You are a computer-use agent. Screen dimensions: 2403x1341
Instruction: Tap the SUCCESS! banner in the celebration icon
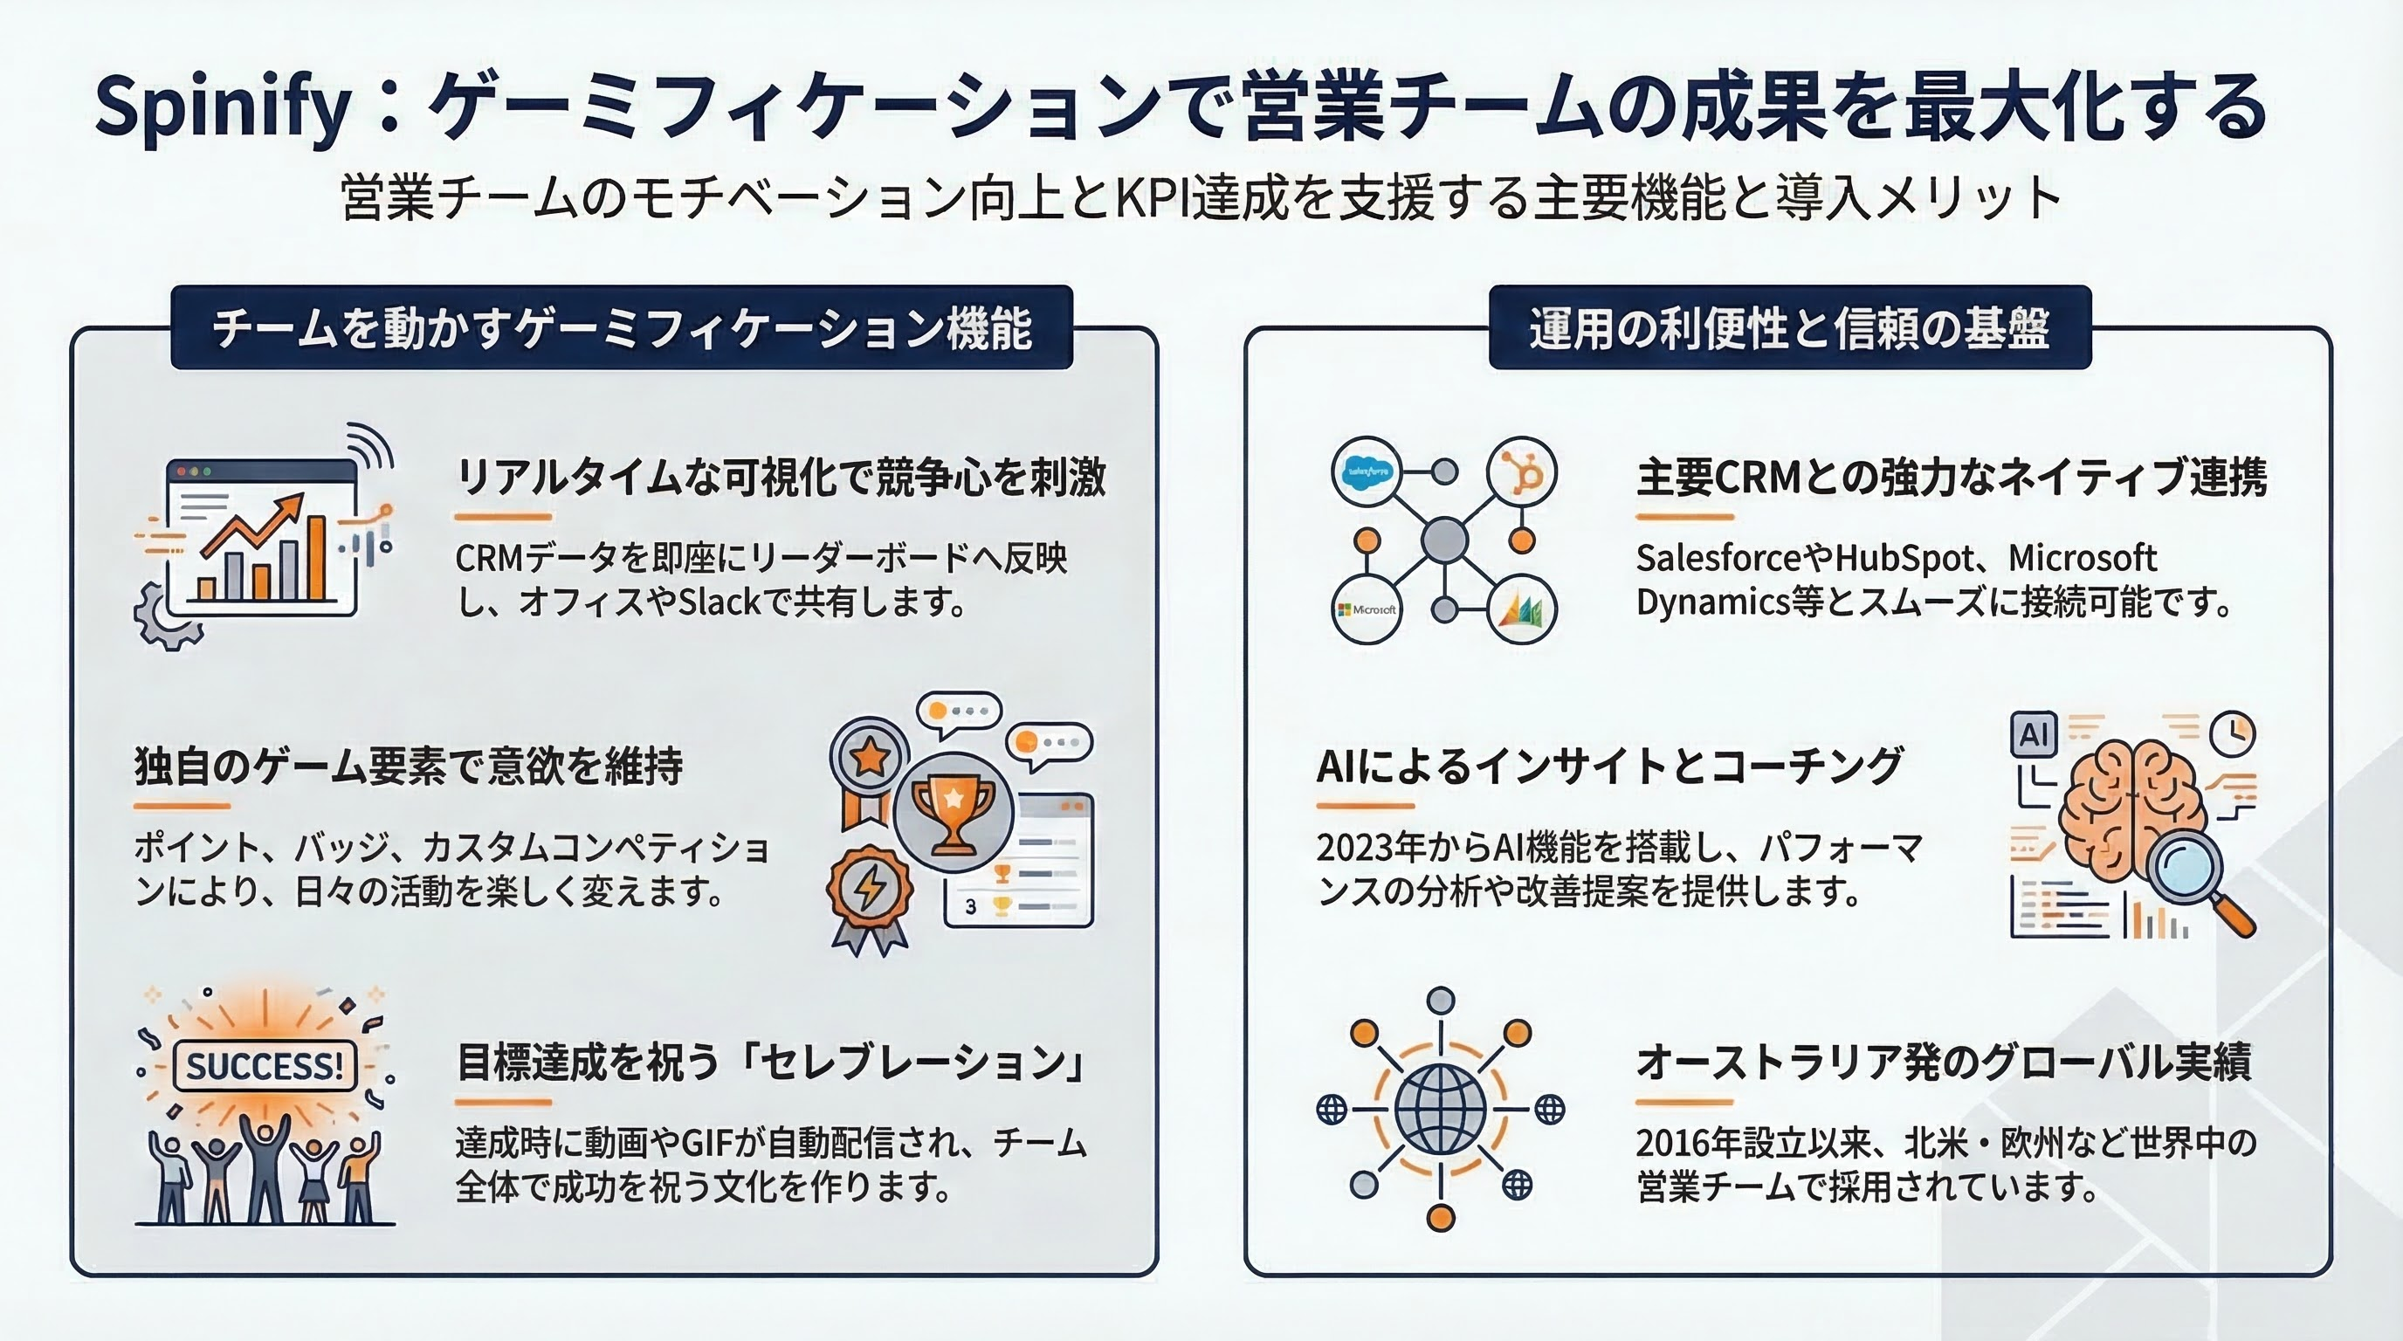(x=265, y=1065)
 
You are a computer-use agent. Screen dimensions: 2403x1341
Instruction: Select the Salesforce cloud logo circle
(x=1367, y=471)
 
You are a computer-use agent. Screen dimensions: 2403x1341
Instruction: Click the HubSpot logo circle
(x=1521, y=471)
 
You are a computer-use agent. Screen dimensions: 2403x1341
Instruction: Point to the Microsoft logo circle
(x=1367, y=610)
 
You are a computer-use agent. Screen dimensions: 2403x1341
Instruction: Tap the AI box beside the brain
(x=2034, y=735)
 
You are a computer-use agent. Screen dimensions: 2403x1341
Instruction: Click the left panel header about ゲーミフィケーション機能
(x=623, y=327)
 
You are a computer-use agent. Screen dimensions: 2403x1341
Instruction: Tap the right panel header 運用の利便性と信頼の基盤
(x=1789, y=327)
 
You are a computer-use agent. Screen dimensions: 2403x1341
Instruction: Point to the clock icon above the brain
(x=2232, y=734)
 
